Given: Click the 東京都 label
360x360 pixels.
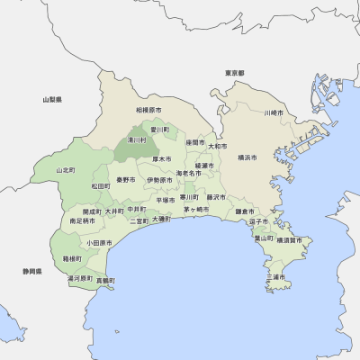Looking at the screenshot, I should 236,72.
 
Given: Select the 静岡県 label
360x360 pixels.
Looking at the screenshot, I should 33,270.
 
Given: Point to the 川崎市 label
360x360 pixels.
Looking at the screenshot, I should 274,113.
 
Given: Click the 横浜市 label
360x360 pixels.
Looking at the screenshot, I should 247,157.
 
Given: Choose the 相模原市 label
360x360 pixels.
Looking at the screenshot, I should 148,110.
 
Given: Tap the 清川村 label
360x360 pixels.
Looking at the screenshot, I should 137,140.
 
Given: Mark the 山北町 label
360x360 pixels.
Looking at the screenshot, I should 66,169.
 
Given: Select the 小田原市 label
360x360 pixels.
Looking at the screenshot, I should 99,242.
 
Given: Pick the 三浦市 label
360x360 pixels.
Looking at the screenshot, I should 279,276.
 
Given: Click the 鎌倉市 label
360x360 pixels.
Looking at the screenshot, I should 245,211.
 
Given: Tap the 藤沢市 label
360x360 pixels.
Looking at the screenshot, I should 216,196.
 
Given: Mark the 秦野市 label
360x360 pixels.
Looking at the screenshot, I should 126,180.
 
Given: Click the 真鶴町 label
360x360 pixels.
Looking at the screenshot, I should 106,280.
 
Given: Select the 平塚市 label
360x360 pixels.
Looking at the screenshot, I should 166,200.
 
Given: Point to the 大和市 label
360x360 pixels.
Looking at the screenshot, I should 218,146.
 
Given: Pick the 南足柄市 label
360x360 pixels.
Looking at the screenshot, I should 82,220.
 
